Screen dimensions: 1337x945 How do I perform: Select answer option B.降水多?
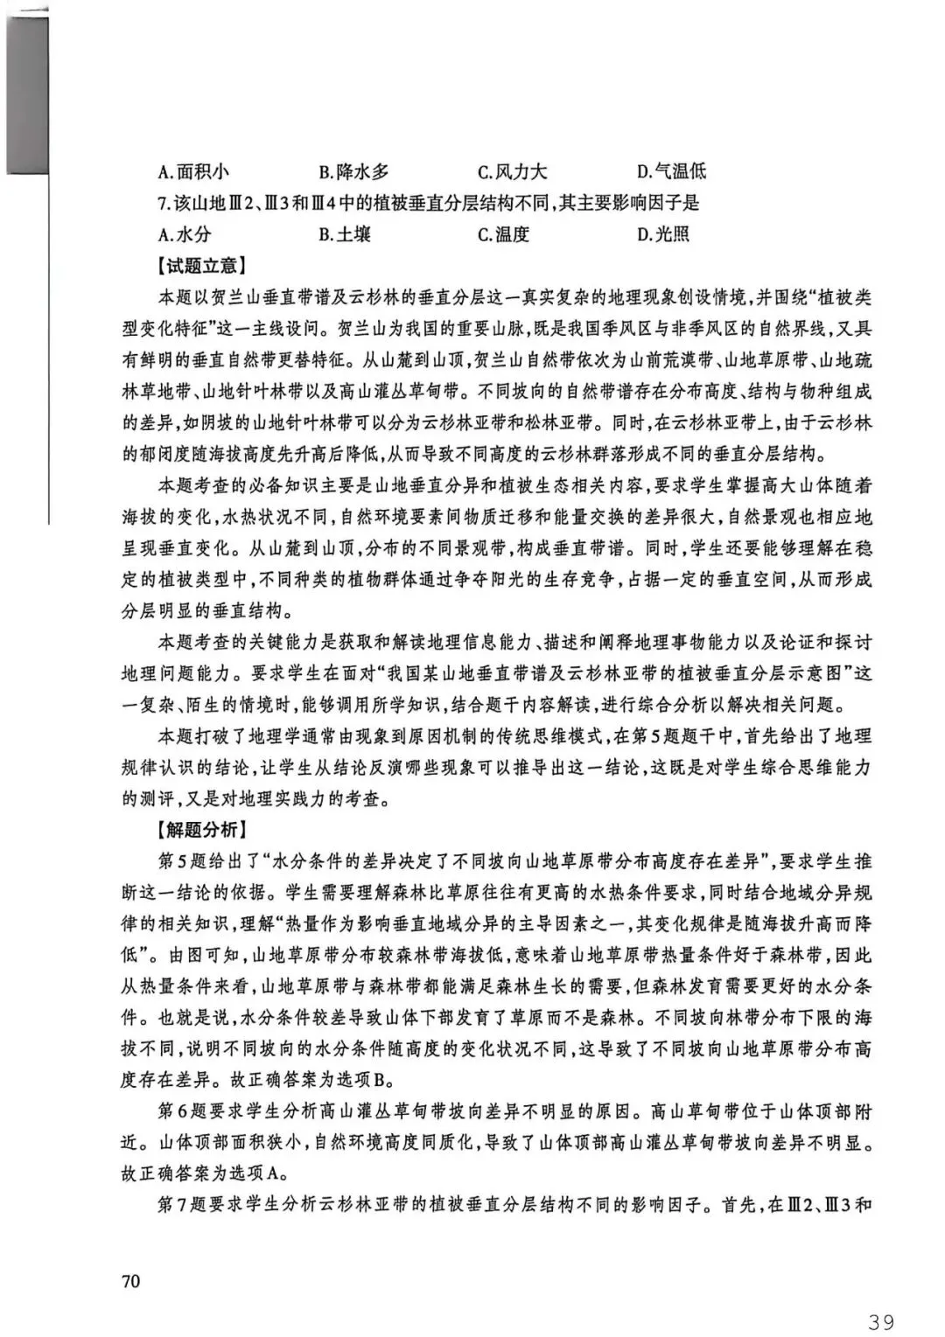(x=353, y=171)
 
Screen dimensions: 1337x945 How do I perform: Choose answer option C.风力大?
(x=513, y=171)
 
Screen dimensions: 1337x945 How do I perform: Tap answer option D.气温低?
(x=672, y=171)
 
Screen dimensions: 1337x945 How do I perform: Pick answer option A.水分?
(x=185, y=233)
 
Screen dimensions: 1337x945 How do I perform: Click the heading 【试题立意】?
(x=202, y=265)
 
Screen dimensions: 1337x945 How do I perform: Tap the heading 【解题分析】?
(x=202, y=829)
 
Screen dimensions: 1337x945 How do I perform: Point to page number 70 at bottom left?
(x=131, y=1281)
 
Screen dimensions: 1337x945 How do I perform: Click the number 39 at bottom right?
(x=881, y=1320)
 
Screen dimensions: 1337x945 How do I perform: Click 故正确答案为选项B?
(x=305, y=1081)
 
